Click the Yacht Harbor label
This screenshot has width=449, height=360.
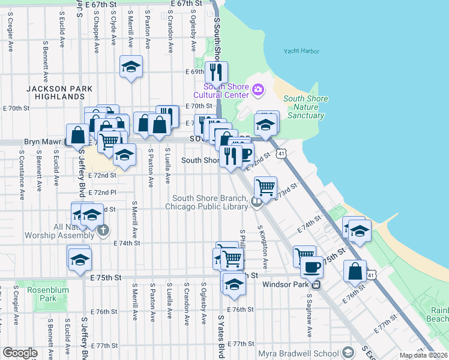coord(301,52)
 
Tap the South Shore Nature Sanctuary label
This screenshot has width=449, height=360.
coord(306,107)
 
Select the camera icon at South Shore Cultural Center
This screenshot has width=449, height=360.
coord(259,90)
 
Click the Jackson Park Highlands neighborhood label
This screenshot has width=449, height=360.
coord(59,92)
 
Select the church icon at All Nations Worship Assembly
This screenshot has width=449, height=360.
coord(104,230)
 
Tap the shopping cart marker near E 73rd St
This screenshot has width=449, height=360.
coord(265,187)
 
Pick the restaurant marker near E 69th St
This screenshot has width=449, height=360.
coord(215,72)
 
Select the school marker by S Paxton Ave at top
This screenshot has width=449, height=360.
coord(130,67)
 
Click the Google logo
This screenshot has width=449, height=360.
coord(20,353)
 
